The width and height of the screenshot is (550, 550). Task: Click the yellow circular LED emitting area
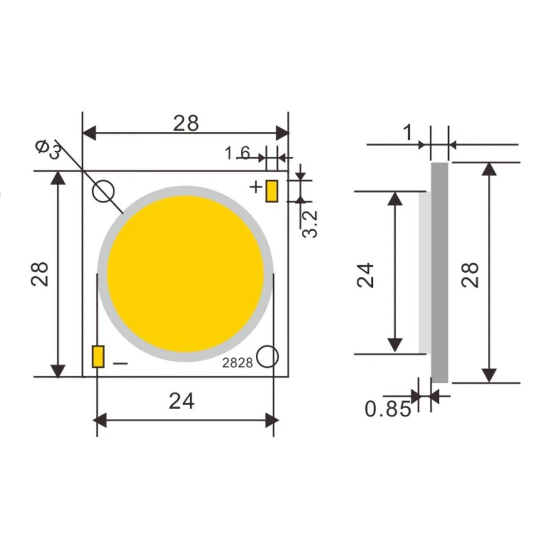click(185, 274)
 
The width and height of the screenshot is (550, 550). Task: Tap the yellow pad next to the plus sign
click(271, 191)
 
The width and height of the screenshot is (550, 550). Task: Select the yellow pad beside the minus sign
click(98, 356)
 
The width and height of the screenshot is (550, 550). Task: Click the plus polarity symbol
click(256, 187)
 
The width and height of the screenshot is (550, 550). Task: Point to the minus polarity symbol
click(120, 363)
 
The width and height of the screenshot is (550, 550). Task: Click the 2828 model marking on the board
click(238, 363)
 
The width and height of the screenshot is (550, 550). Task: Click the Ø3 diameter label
click(48, 149)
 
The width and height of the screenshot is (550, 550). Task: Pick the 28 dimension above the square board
click(186, 123)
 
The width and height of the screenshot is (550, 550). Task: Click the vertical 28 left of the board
click(40, 273)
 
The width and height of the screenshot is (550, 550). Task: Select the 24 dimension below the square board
click(182, 402)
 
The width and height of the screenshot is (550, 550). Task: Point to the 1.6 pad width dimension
click(237, 152)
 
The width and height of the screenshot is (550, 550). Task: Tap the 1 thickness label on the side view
click(408, 133)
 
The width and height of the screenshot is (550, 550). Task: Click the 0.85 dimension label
click(388, 409)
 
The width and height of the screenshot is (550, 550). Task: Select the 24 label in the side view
click(366, 274)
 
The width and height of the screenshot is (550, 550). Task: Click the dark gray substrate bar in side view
click(439, 272)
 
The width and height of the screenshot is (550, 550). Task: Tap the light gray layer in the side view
click(424, 272)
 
